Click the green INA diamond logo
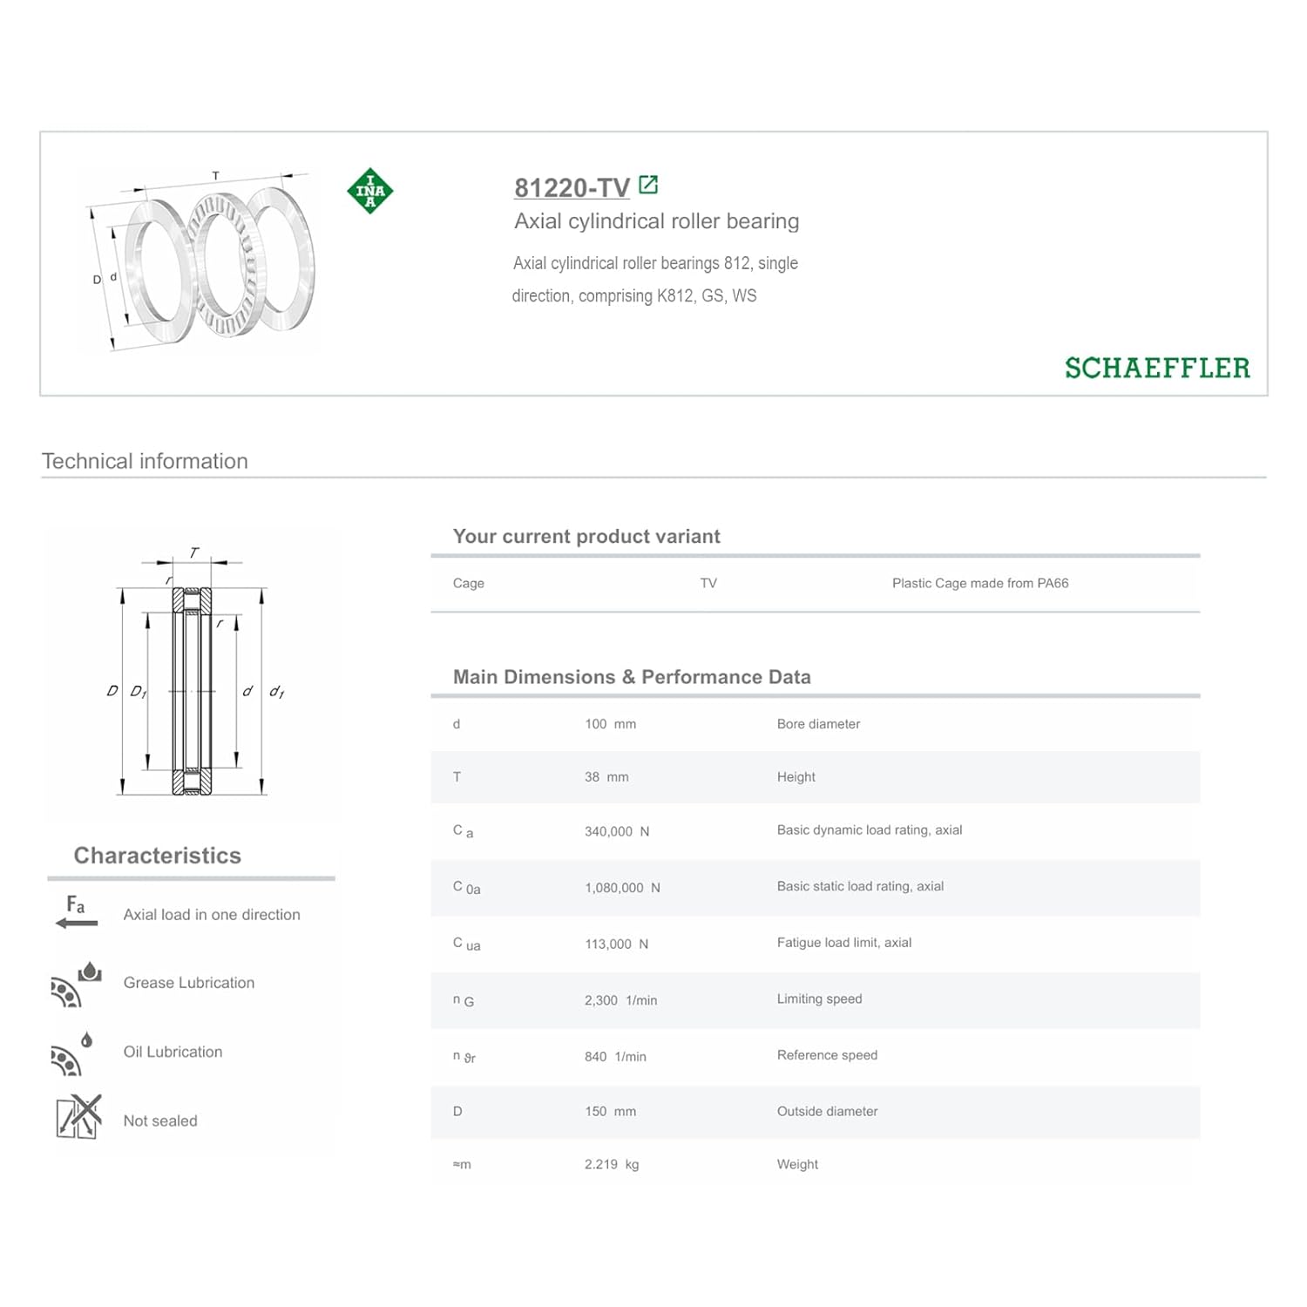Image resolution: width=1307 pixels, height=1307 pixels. (369, 191)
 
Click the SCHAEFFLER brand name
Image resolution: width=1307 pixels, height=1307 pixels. (1156, 369)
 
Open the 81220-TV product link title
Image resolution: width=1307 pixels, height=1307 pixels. (572, 187)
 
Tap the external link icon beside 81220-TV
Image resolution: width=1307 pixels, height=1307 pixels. (648, 185)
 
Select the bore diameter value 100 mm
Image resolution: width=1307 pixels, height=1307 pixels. (610, 724)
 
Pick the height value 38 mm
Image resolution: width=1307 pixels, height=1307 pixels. (606, 777)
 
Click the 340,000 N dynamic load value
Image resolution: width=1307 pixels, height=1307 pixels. (616, 831)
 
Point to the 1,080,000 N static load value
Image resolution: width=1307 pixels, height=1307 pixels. (622, 888)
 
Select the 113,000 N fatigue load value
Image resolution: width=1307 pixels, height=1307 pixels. (616, 945)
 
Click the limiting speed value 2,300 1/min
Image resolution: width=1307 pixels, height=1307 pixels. (620, 1000)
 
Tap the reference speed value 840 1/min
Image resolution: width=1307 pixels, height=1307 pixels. (615, 1057)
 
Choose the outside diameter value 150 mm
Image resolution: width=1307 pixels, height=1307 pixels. (610, 1112)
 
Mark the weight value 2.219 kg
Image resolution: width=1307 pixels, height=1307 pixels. (612, 1165)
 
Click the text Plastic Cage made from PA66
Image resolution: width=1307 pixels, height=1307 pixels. (980, 584)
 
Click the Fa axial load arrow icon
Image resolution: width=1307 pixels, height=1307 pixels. (76, 912)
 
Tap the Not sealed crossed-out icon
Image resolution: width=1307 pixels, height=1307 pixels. (78, 1117)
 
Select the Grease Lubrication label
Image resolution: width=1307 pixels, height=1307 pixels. (189, 983)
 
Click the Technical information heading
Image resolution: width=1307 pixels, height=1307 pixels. (145, 462)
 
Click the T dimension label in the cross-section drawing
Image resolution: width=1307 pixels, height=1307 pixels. (193, 552)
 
